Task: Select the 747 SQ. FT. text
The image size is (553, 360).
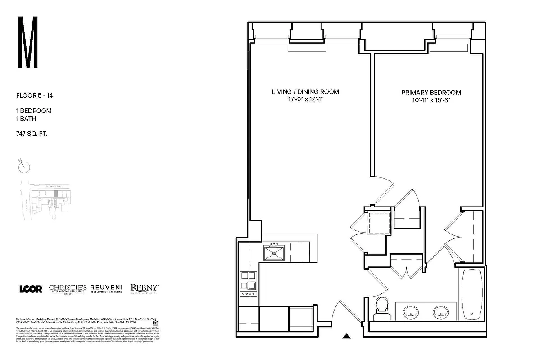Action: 32,134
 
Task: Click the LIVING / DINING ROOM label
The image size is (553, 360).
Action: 305,92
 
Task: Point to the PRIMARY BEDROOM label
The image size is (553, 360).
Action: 431,93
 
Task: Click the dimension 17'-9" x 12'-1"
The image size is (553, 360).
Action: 305,99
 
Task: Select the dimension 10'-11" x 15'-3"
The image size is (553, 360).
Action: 431,100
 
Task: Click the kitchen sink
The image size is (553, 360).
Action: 274,252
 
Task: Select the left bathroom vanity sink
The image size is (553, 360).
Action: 411,311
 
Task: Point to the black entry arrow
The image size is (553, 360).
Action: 346,336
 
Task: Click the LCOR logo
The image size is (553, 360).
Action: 31,289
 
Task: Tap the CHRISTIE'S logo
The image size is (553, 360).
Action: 68,289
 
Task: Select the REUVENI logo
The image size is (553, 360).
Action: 106,288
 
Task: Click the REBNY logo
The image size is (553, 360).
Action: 144,288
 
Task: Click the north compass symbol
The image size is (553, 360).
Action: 24,166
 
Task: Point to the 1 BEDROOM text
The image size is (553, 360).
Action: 34,111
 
